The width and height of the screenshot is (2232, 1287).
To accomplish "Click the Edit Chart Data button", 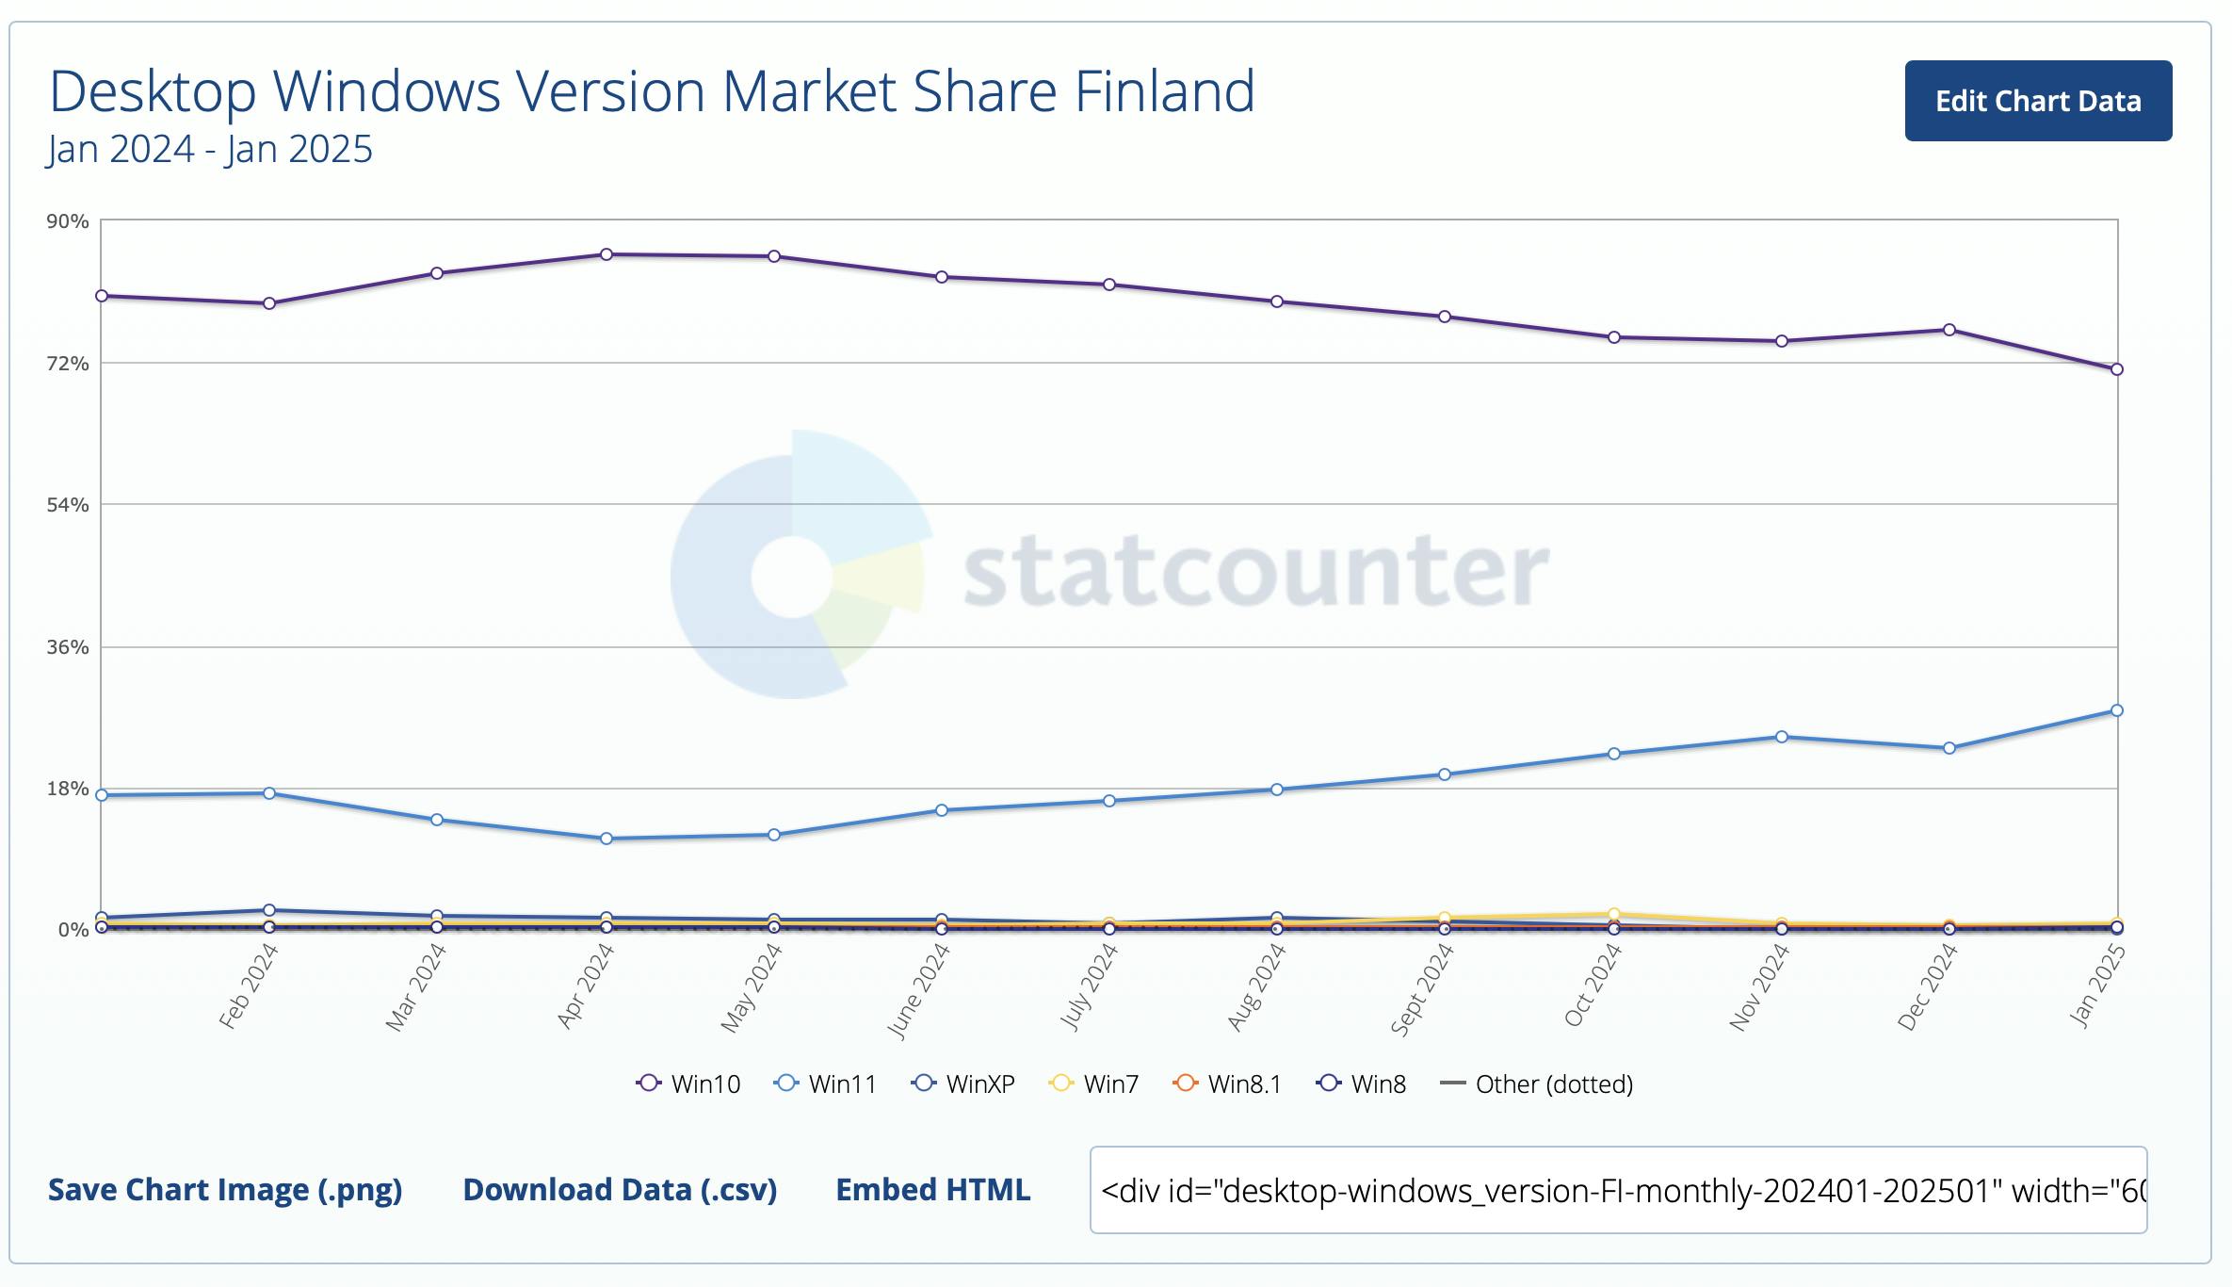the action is coord(2038,101).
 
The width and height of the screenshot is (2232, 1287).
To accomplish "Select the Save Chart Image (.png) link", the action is coord(225,1190).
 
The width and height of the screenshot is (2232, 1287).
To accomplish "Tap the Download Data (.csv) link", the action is coord(620,1190).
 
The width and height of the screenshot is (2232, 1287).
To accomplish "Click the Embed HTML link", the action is coord(933,1190).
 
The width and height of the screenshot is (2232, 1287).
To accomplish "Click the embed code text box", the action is coord(1618,1190).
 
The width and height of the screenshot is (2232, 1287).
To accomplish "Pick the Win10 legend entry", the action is coord(688,1083).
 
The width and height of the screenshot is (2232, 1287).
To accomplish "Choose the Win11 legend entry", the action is coord(825,1083).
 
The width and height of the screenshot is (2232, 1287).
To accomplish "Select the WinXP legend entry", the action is coord(962,1083).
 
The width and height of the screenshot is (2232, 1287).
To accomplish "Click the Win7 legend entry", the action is coord(1093,1083).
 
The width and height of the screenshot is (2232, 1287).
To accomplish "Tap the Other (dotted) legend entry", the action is coord(1537,1083).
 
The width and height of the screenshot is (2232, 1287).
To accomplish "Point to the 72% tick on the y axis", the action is coord(68,363).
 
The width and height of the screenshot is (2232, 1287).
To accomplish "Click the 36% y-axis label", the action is coord(68,647).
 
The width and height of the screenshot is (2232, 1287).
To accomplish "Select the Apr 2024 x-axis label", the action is coord(586,986).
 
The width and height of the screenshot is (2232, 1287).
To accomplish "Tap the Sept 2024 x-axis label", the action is coord(1422,989).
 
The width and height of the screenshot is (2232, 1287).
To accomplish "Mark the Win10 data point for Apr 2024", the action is coord(607,254).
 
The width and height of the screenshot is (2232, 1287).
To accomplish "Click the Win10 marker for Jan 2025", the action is coord(2117,369).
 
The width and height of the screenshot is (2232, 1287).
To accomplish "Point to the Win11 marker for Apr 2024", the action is coord(607,839).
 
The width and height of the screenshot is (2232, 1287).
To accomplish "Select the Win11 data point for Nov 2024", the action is coord(1782,737).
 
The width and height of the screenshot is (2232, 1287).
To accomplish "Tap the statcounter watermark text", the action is coord(1256,571).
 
